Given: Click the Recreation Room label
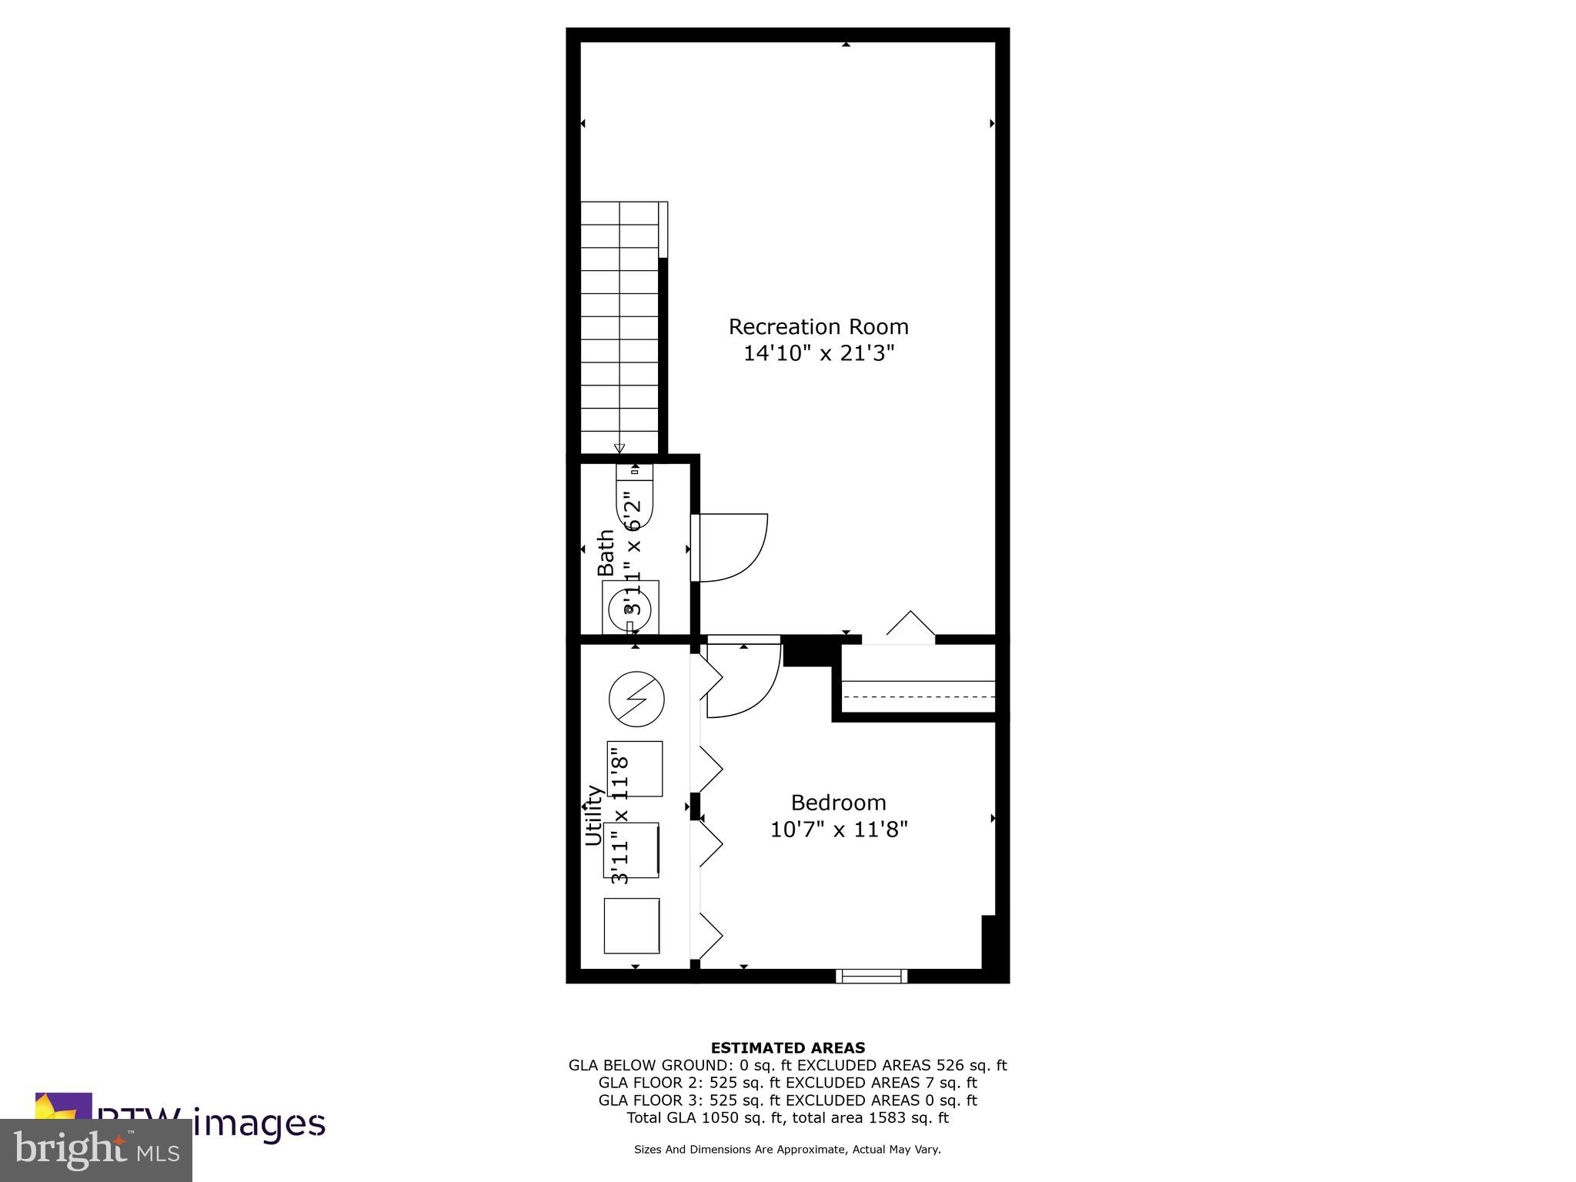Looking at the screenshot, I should (x=818, y=327).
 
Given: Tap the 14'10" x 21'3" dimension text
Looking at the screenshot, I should (x=818, y=354).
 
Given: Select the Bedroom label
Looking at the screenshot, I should (x=838, y=803).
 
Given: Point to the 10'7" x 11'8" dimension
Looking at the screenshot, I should (x=839, y=830).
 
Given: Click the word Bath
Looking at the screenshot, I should (x=606, y=552).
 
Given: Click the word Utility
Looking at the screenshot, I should (x=593, y=815).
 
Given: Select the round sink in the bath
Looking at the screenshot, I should (x=629, y=609).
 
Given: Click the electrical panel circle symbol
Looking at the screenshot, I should (x=636, y=700).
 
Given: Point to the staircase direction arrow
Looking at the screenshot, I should (x=619, y=449).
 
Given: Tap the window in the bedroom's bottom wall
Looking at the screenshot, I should (x=871, y=976).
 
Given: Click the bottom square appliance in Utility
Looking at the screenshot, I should (x=631, y=926).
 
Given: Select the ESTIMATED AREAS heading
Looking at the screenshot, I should (x=787, y=1047).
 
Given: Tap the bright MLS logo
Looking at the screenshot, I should (x=95, y=1150).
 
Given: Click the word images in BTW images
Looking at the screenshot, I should (x=259, y=1124).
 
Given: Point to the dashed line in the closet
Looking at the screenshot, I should (x=920, y=696).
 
